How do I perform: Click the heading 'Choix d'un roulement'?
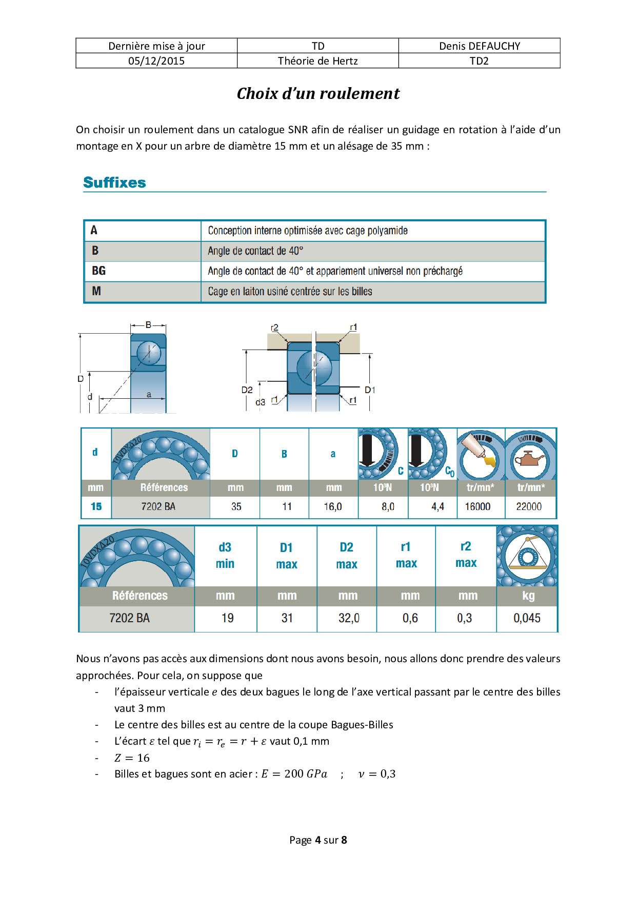tap(318, 94)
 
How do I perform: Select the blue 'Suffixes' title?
tap(114, 182)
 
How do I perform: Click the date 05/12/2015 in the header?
tap(156, 61)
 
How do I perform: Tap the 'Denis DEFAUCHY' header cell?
tap(479, 46)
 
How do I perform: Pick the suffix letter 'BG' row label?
tap(98, 271)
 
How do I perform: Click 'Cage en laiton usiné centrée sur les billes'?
tap(290, 292)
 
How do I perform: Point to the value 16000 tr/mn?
tap(478, 506)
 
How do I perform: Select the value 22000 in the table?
tap(529, 506)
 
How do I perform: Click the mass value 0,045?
tap(527, 618)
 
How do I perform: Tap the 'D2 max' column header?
tap(347, 556)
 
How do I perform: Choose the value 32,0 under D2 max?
tap(349, 618)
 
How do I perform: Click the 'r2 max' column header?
tap(466, 555)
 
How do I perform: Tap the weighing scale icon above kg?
tap(527, 556)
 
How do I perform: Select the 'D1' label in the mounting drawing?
tap(370, 390)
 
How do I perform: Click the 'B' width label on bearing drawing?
tap(148, 325)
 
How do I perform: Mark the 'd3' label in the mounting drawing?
tap(261, 402)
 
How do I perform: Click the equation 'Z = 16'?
tap(132, 758)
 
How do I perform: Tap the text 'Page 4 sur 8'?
tap(318, 840)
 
